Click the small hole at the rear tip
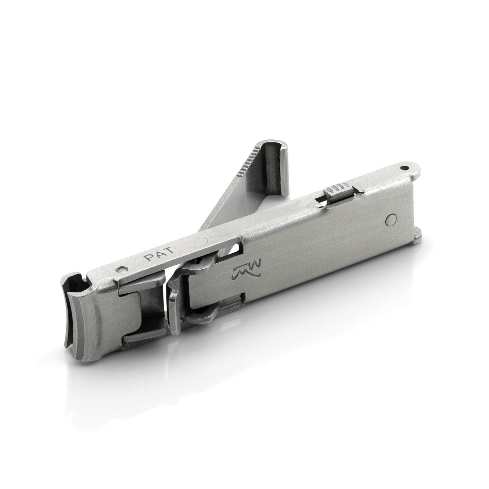[405, 167]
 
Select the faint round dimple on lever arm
[201, 241]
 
